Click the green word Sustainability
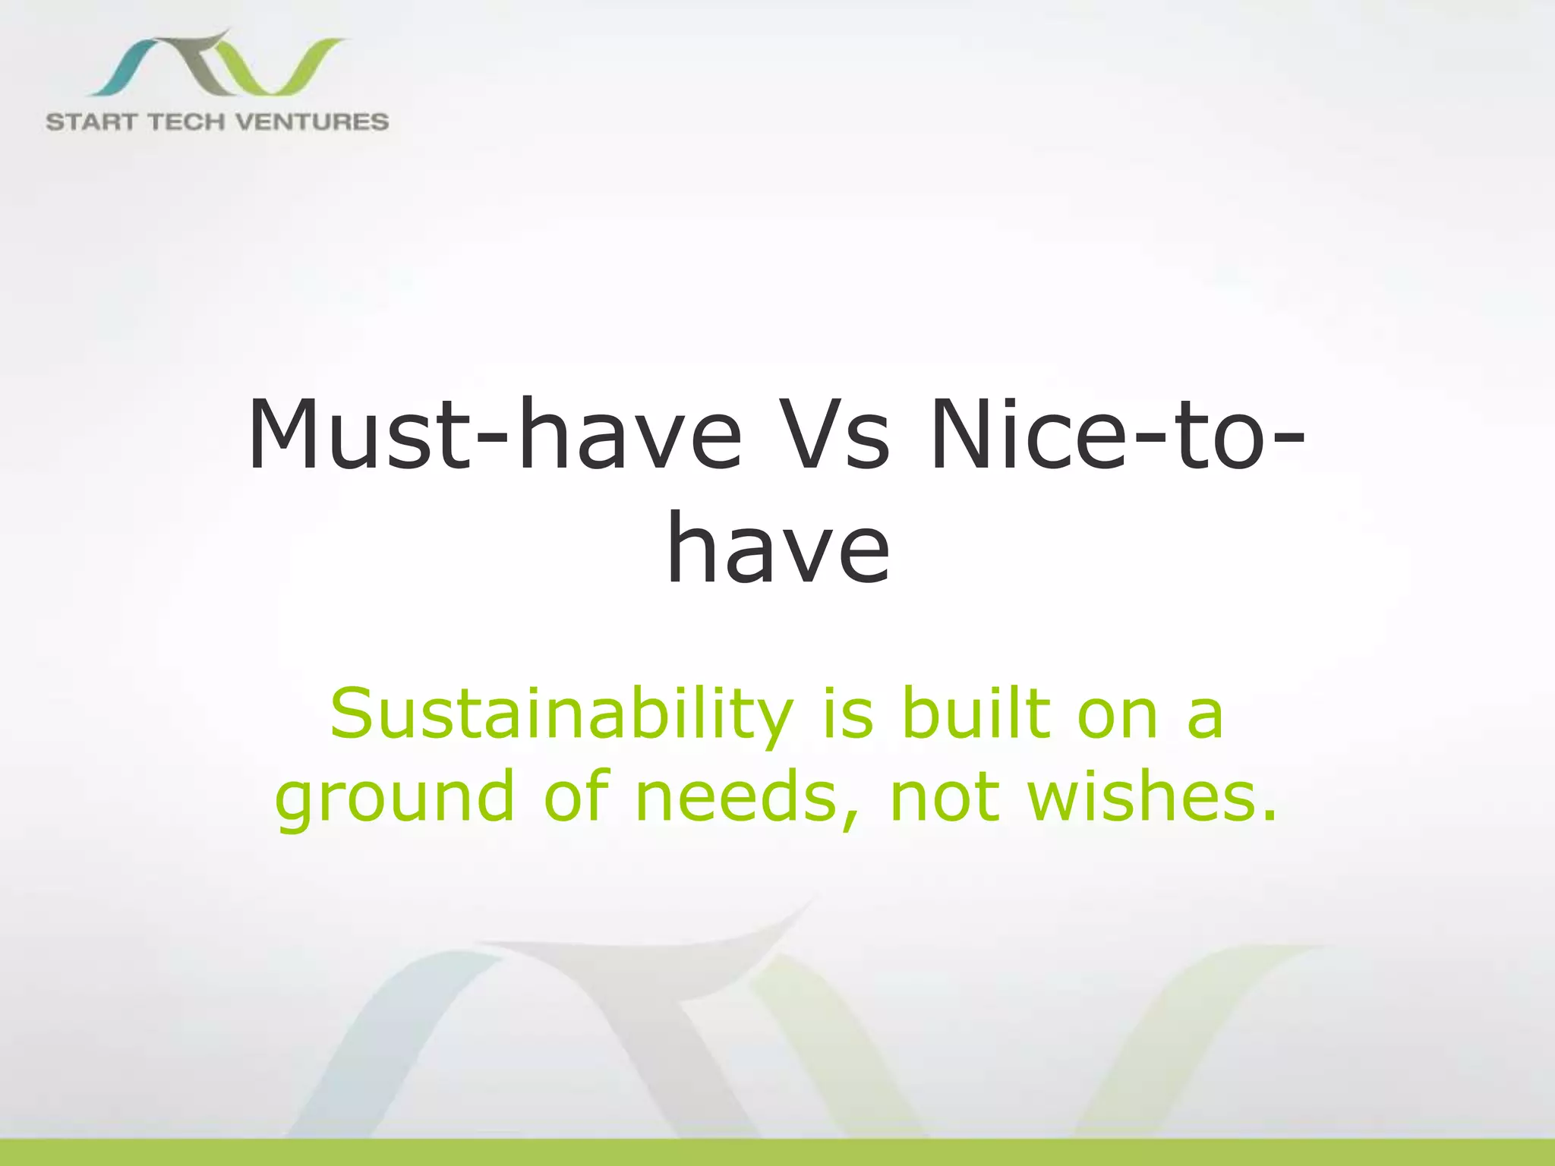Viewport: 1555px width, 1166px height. coord(561,715)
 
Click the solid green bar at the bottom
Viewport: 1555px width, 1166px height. coord(777,1152)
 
